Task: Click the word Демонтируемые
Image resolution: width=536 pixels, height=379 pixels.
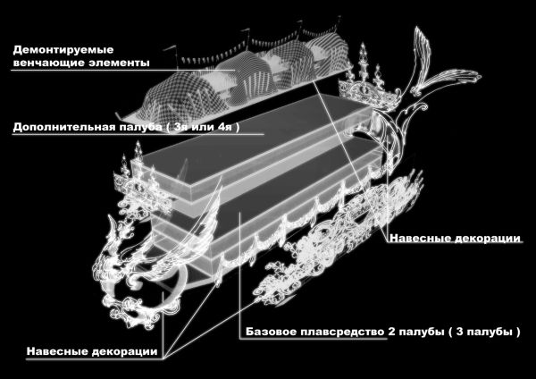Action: tap(63, 50)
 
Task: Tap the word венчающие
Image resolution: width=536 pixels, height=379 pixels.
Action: tap(44, 63)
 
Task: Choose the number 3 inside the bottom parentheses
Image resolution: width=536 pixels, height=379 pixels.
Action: tap(460, 332)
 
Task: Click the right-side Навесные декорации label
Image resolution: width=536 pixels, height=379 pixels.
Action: tap(456, 238)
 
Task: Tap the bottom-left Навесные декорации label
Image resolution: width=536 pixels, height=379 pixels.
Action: tap(92, 351)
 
